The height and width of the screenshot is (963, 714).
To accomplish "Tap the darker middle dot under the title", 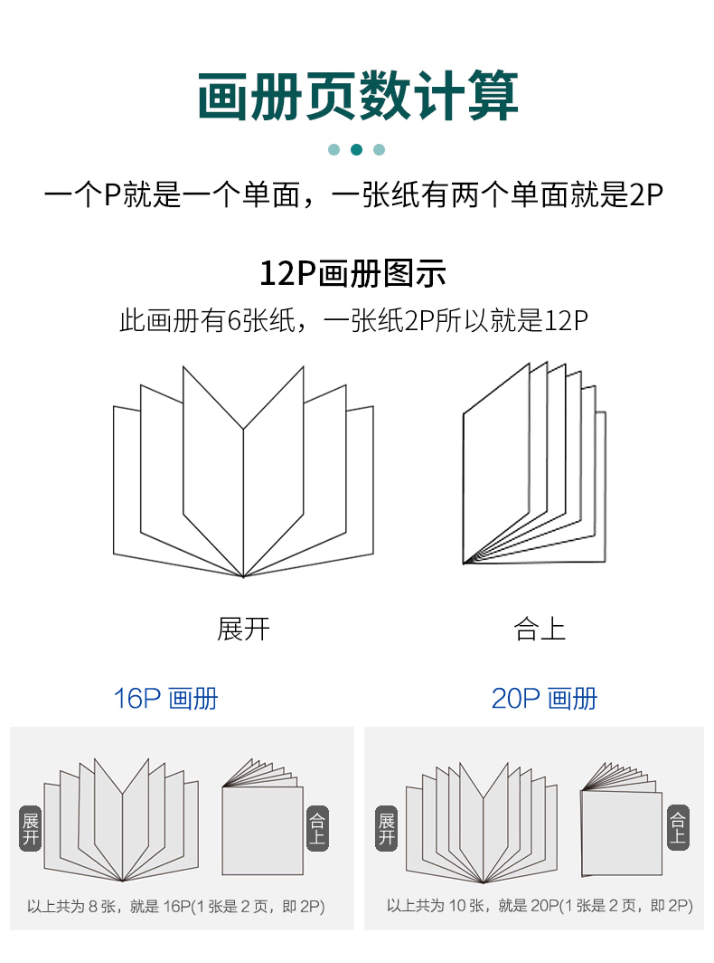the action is pos(357,150).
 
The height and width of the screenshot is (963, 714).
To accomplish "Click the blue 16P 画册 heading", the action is pos(166,699).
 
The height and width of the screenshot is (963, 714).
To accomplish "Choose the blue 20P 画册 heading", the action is pos(544,699).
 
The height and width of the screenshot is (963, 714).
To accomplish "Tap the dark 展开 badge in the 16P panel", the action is pos(30,828).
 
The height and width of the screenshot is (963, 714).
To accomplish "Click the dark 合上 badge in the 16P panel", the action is pos(318,828).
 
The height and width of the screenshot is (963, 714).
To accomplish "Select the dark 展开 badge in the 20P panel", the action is pos(386,828).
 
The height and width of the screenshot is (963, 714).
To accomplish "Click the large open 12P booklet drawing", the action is pos(243,471).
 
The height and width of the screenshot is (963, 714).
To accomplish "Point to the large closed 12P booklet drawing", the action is pos(534,463).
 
